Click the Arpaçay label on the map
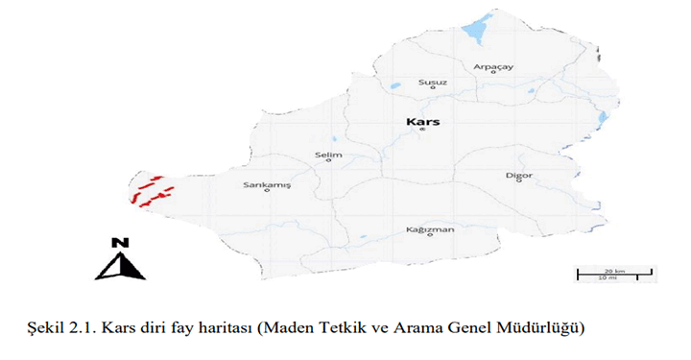(x=495, y=66)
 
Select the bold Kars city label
(x=422, y=123)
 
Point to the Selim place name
(x=328, y=154)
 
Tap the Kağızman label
(x=428, y=230)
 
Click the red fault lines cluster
(x=149, y=192)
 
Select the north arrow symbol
(x=120, y=264)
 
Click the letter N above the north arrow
(x=120, y=243)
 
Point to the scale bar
(x=614, y=275)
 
